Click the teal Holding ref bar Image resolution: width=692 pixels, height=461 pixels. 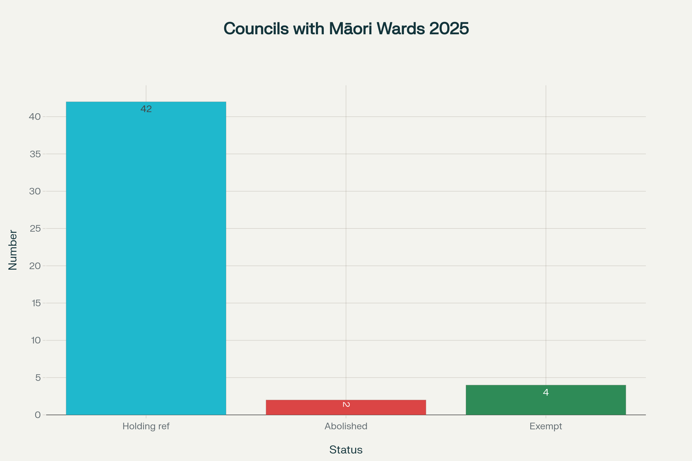click(x=146, y=259)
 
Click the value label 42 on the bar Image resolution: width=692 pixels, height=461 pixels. click(x=146, y=109)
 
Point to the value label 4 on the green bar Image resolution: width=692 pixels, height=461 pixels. click(x=546, y=392)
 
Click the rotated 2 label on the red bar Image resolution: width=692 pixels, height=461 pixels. click(x=346, y=405)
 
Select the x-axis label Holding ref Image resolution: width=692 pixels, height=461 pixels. click(x=146, y=426)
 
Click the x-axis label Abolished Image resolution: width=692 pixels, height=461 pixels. click(x=346, y=426)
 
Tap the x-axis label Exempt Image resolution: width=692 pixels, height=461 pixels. click(x=546, y=426)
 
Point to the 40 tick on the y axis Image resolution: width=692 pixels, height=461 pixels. click(x=35, y=117)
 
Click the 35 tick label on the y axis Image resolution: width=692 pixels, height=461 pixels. click(x=35, y=154)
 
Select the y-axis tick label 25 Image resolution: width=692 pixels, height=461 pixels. click(x=35, y=228)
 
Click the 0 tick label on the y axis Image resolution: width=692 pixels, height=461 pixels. click(x=38, y=415)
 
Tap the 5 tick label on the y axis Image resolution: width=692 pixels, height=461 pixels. click(x=38, y=377)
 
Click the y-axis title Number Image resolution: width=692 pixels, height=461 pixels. click(x=13, y=250)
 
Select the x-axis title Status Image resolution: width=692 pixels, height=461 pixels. click(x=346, y=450)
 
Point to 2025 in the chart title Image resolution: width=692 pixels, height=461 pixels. click(x=449, y=29)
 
